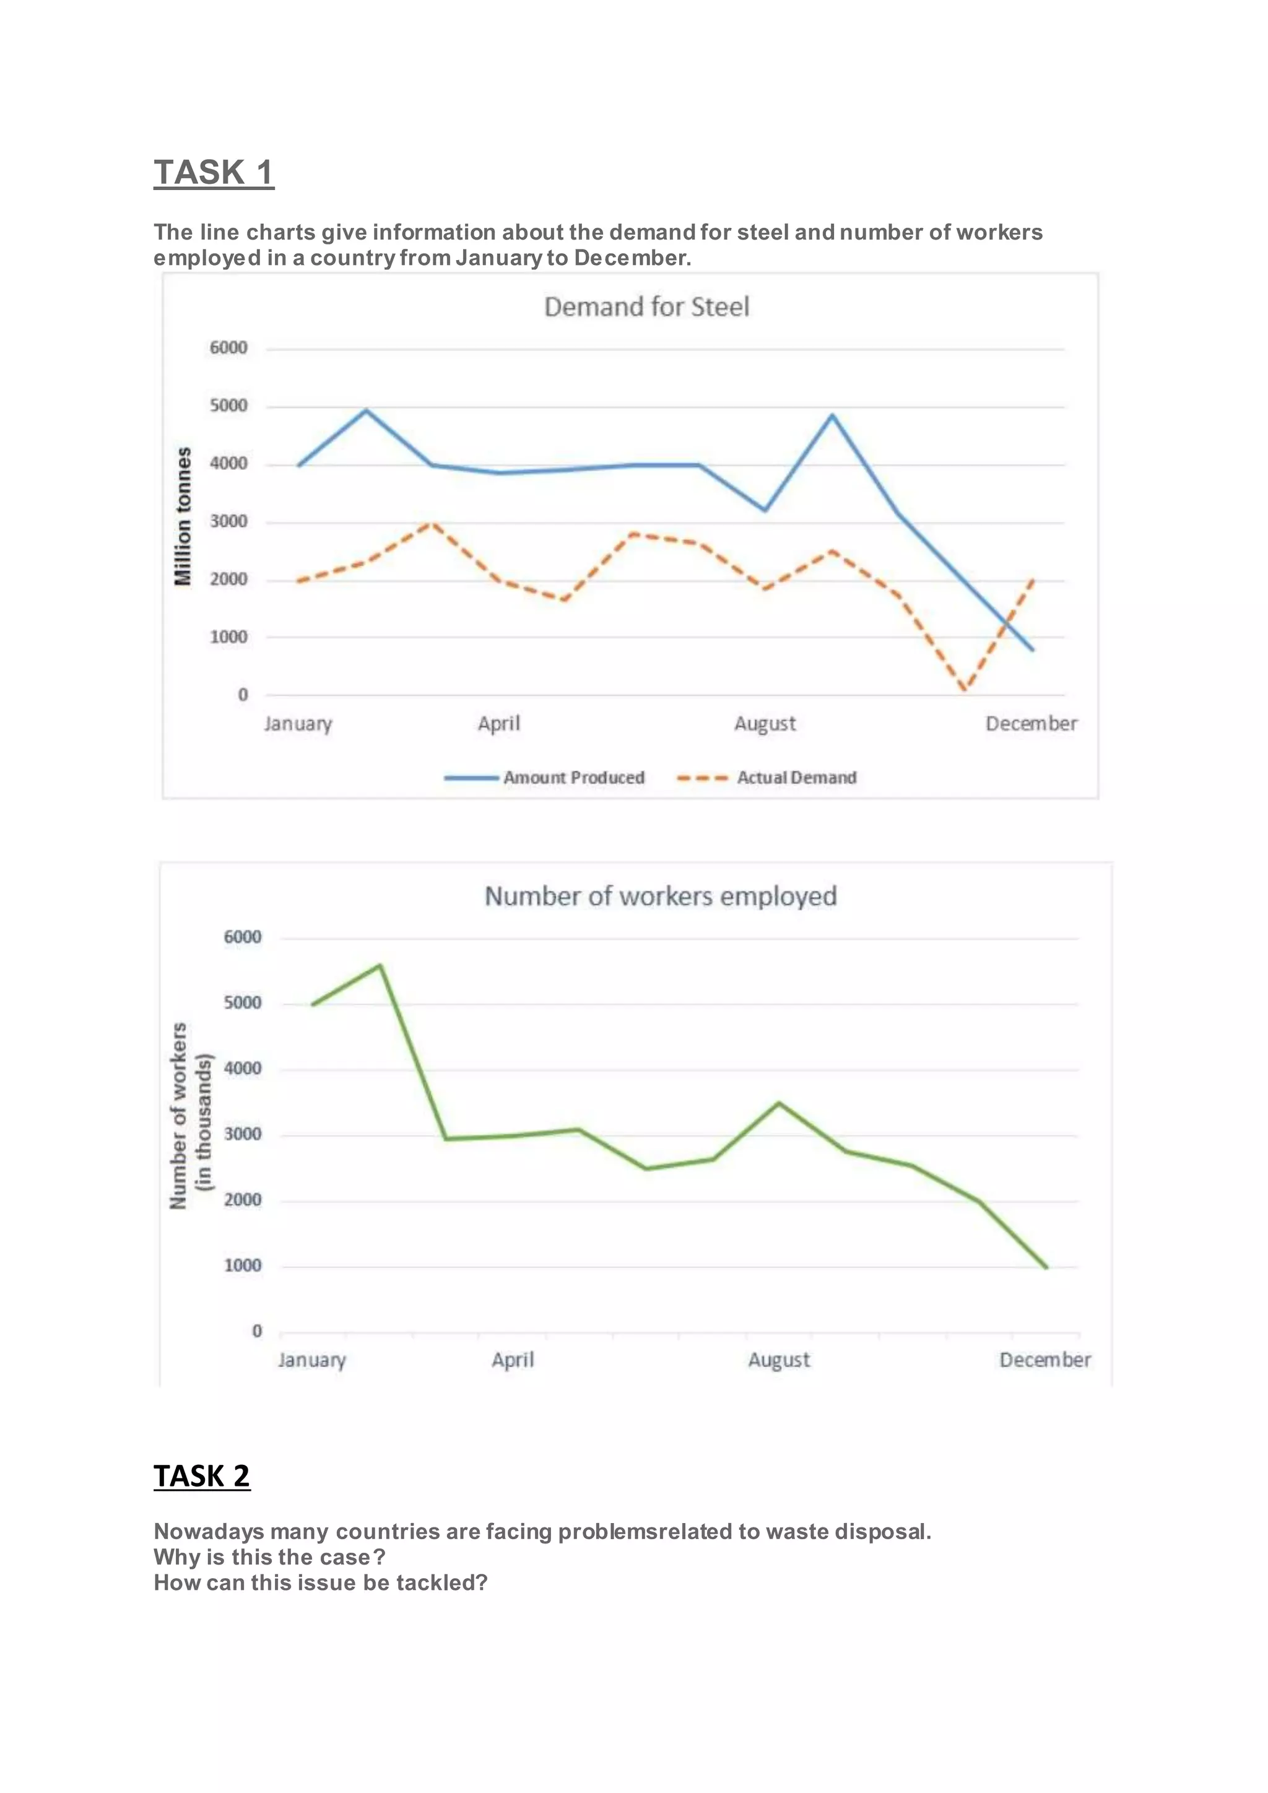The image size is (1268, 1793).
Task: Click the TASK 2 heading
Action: click(201, 1476)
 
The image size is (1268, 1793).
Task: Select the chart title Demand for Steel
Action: click(646, 307)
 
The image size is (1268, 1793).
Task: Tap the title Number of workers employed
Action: click(661, 896)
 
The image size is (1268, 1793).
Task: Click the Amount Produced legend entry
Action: click(573, 778)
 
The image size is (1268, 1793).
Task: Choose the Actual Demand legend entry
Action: click(796, 778)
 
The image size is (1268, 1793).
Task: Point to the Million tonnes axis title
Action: click(183, 516)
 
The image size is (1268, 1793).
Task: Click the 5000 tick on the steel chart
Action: click(228, 406)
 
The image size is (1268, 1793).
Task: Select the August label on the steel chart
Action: click(765, 724)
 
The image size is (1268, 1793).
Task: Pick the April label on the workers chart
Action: click(512, 1360)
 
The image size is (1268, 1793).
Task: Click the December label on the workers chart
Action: click(1044, 1360)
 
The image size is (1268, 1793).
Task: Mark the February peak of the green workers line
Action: click(380, 965)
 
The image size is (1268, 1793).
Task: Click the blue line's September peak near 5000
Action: click(832, 415)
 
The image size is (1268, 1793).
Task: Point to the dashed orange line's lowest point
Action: click(965, 690)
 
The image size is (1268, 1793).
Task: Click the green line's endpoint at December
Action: click(1046, 1267)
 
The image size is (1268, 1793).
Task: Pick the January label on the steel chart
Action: click(297, 724)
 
